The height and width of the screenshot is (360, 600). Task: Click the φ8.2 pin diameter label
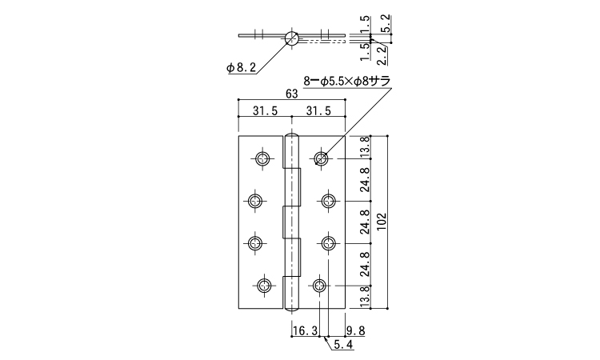pos(241,68)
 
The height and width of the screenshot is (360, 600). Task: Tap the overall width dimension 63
pos(291,94)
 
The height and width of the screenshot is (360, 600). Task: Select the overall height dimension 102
pos(382,222)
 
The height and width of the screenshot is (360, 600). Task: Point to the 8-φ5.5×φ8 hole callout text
pos(346,82)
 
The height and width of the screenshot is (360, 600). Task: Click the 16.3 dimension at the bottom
pos(305,331)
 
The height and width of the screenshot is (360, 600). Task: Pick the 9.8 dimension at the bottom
pos(355,331)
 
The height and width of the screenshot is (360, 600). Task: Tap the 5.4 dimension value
pos(344,345)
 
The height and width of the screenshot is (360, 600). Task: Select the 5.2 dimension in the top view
pos(386,24)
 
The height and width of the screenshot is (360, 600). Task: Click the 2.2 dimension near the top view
pos(382,55)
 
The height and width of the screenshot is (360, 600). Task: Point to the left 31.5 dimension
pos(265,110)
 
